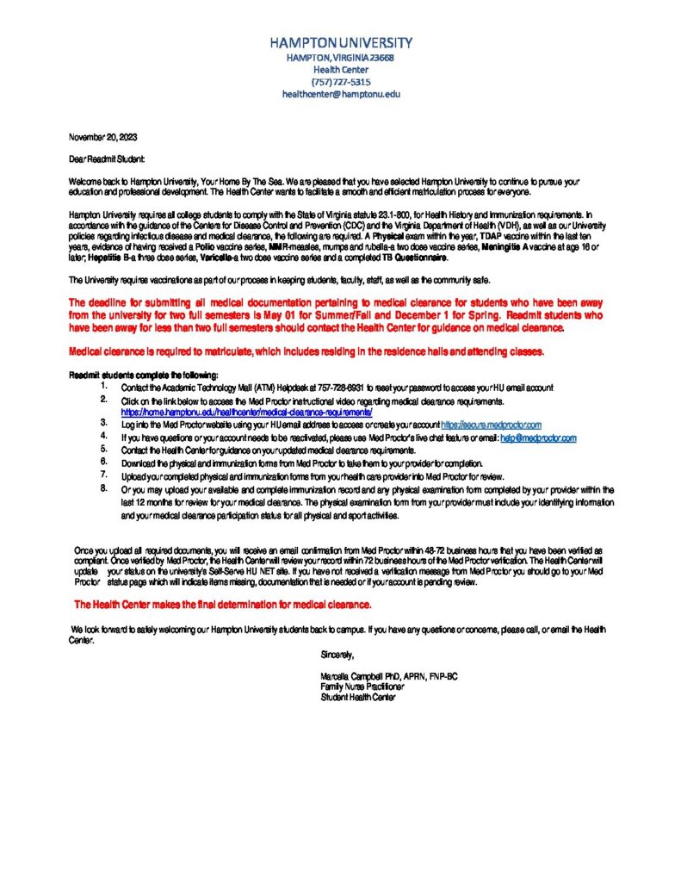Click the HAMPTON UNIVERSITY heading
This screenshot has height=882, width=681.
(341, 42)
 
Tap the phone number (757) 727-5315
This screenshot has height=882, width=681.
(341, 82)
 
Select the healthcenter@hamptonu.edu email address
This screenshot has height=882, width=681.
(341, 95)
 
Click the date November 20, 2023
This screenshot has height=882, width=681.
(102, 138)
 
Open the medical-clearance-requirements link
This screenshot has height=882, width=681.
(246, 413)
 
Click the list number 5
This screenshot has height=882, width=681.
(103, 450)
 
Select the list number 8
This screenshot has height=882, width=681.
(103, 488)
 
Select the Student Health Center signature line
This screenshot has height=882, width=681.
(357, 698)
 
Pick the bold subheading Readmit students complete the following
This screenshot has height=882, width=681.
(143, 375)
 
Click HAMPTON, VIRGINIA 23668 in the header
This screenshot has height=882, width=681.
(341, 57)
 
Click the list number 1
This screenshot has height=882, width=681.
(103, 388)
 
